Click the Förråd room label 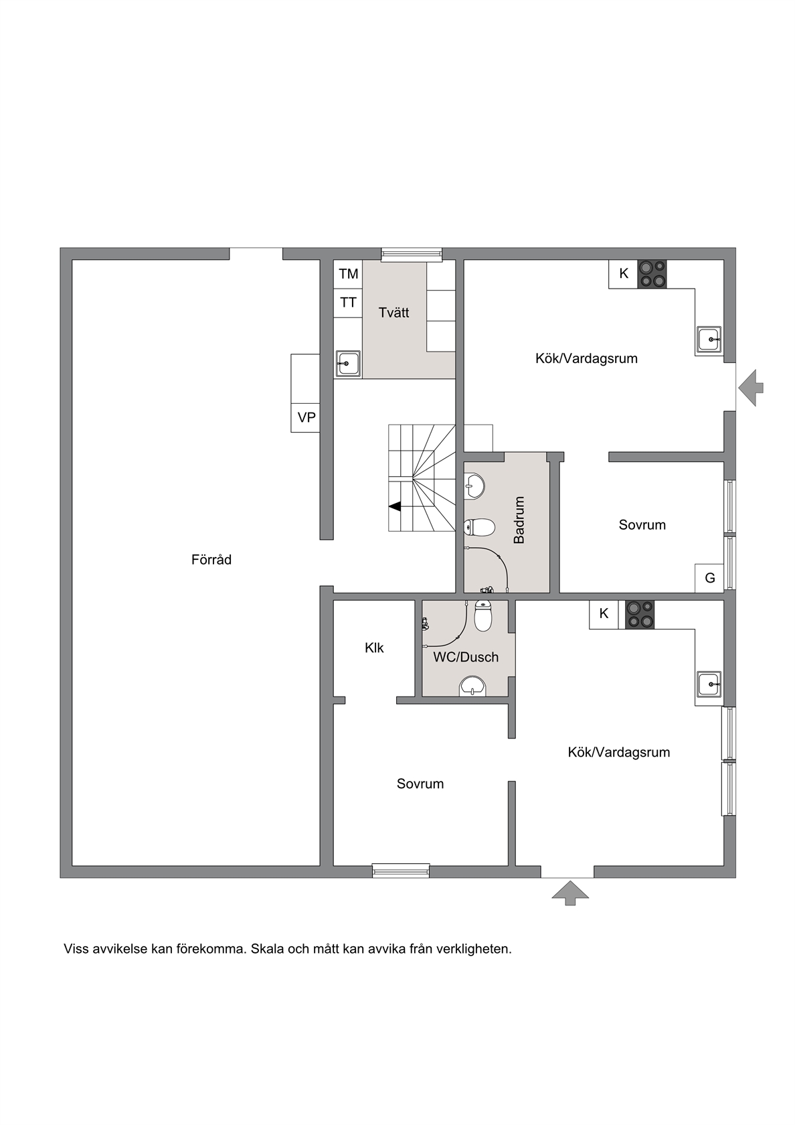coord(211,560)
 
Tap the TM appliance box coord(348,275)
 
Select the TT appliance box coord(348,303)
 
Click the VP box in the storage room coord(305,418)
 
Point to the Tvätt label coord(394,312)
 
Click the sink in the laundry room coord(348,363)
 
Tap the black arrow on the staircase coord(395,507)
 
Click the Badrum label coord(519,520)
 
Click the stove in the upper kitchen coord(652,275)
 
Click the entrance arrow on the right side coord(751,387)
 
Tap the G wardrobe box coord(709,578)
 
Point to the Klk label coord(375,648)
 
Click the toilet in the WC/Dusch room coord(483,616)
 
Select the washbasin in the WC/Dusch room coord(472,686)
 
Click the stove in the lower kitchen coord(640,615)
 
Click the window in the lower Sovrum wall coord(401,871)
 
